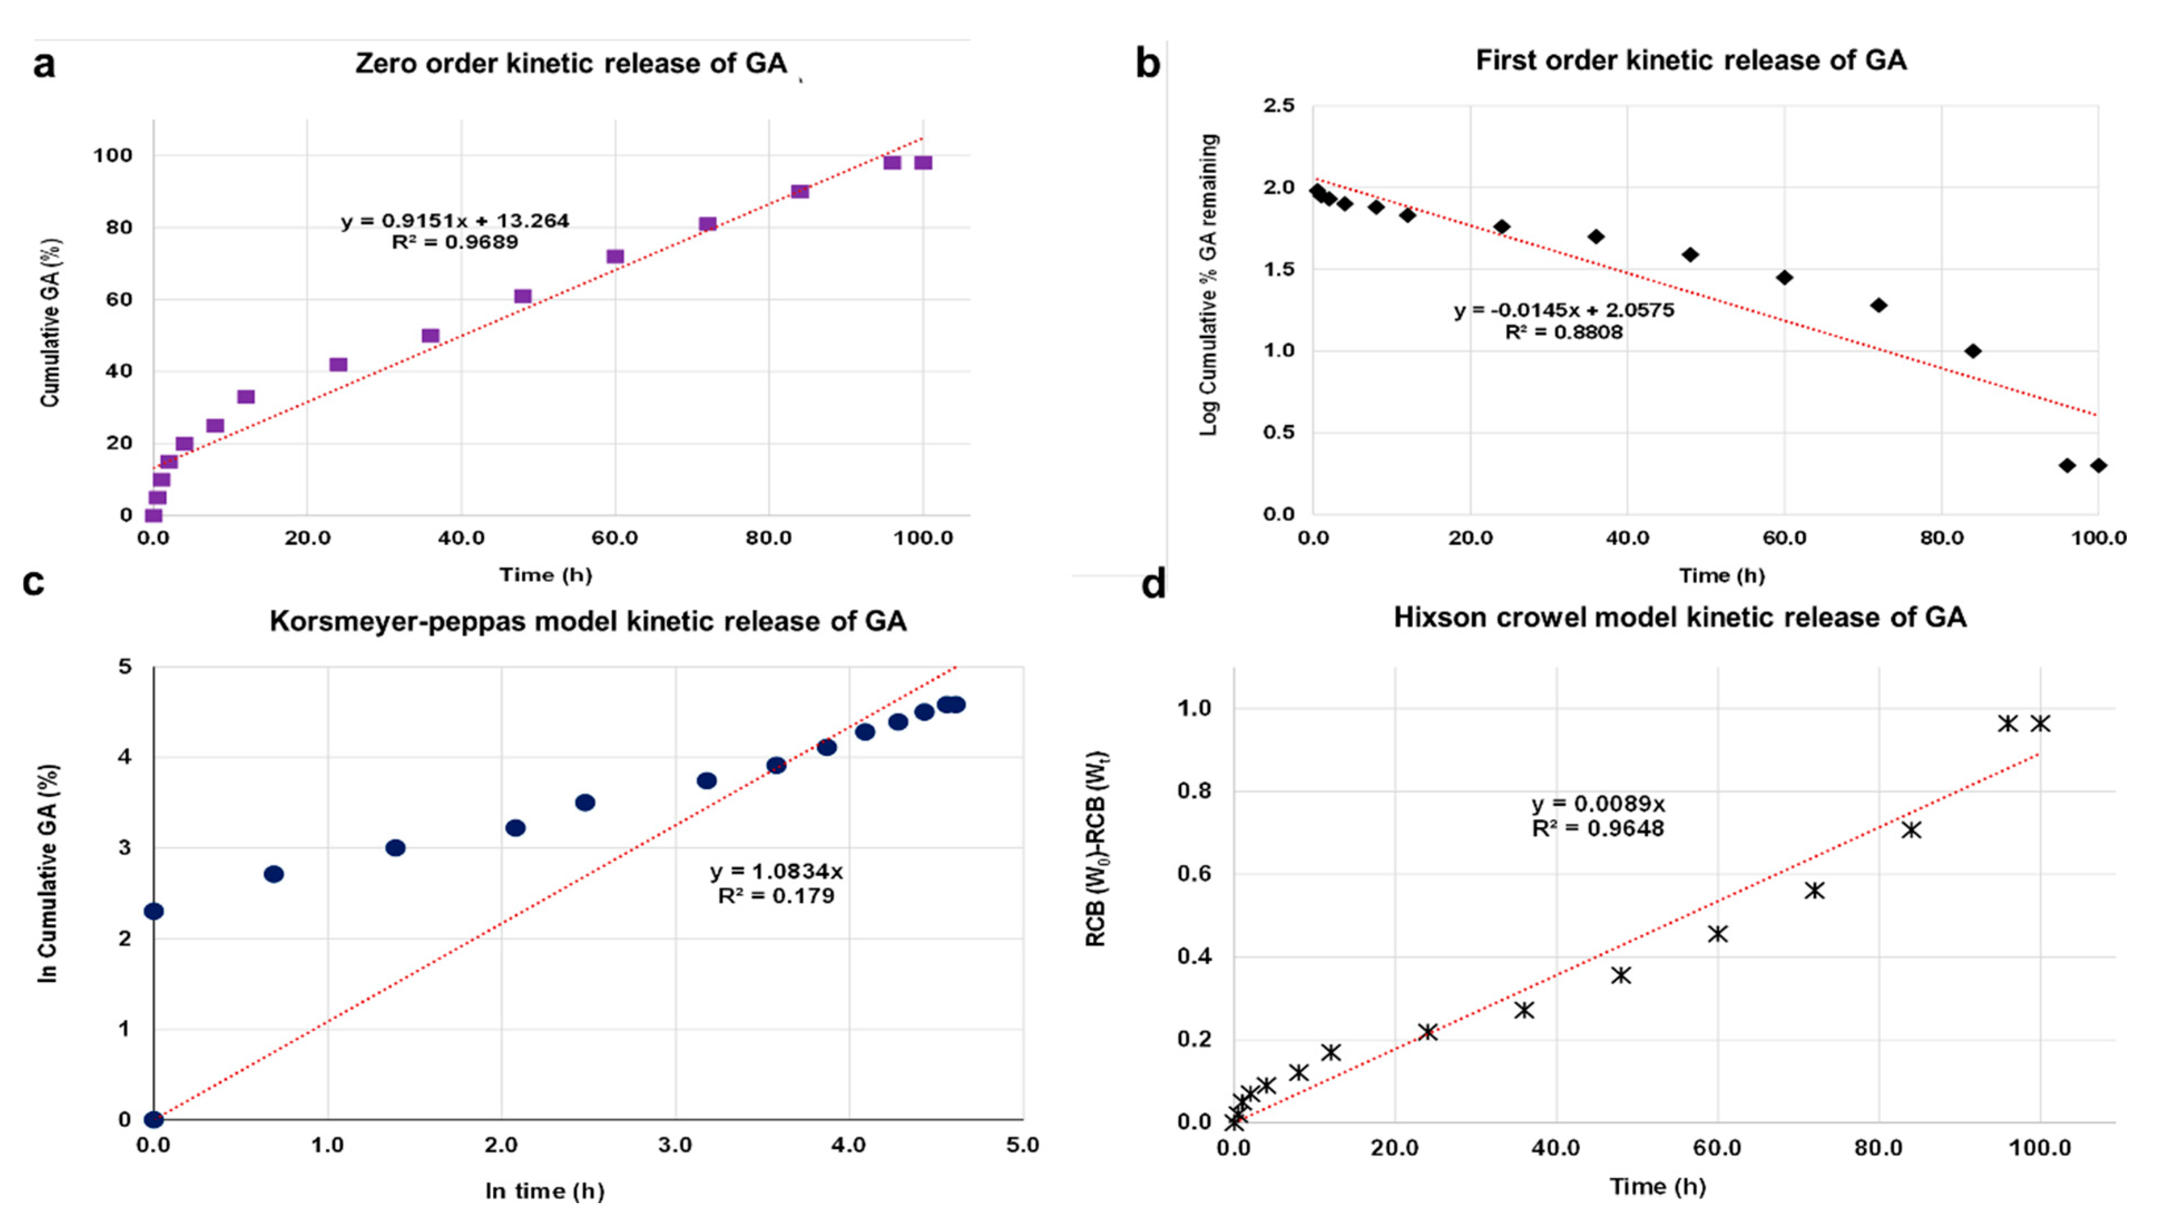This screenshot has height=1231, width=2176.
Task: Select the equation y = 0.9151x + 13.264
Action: tap(455, 221)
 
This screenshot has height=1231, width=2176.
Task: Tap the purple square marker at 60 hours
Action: tap(615, 256)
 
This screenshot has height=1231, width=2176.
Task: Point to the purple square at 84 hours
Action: tap(800, 191)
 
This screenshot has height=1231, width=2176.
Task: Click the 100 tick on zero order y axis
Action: tap(112, 155)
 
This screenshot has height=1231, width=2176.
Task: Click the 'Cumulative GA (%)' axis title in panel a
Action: tap(50, 322)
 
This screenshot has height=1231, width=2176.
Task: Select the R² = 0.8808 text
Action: tap(1564, 333)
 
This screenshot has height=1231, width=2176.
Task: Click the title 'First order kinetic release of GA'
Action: tap(1691, 60)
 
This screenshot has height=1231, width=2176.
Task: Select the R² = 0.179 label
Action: tap(776, 895)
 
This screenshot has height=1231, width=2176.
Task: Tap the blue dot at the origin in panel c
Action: tap(154, 1120)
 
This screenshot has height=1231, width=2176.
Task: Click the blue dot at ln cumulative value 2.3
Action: tap(154, 911)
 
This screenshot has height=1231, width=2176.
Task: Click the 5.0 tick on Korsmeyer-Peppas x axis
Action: tap(1022, 1146)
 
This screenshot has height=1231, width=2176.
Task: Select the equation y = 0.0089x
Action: tap(1598, 803)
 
